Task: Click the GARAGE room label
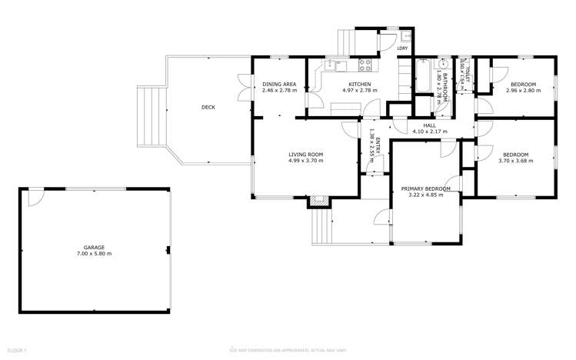(x=94, y=247)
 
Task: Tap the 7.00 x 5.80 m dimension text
(x=94, y=253)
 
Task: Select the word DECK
(x=208, y=108)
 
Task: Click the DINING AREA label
(x=279, y=84)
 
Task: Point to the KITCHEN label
(x=360, y=84)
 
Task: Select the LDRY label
(x=401, y=49)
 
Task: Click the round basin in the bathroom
(x=443, y=65)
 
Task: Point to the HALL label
(x=429, y=125)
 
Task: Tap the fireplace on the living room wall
(x=318, y=202)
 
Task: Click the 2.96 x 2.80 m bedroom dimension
(x=524, y=90)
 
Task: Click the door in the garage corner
(x=33, y=197)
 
